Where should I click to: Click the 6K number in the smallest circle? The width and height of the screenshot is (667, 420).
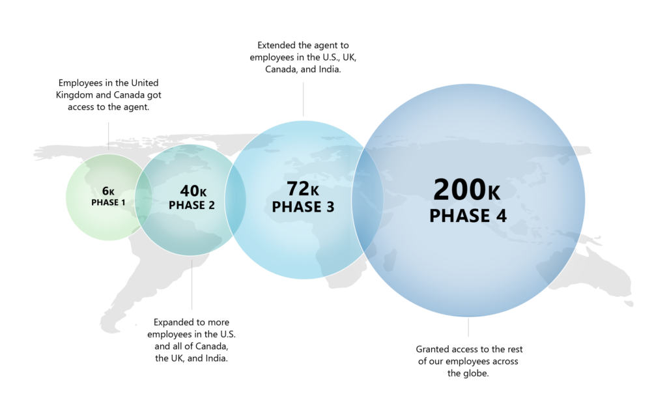(108, 191)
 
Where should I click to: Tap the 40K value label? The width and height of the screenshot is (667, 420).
(193, 191)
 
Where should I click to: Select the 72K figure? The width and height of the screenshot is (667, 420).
(303, 189)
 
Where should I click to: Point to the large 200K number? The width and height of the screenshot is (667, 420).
(467, 189)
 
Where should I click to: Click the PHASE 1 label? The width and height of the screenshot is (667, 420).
(108, 203)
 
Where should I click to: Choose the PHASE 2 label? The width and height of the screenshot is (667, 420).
(192, 206)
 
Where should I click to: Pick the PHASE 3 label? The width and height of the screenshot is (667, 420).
(303, 207)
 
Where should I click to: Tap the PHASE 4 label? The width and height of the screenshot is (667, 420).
(468, 216)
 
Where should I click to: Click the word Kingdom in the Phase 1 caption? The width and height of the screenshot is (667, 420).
(76, 95)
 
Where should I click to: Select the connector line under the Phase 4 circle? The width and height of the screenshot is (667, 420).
(468, 328)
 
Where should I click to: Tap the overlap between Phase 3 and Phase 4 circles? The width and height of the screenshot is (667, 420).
(367, 199)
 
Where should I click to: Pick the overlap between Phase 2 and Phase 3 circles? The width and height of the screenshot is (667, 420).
(235, 199)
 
